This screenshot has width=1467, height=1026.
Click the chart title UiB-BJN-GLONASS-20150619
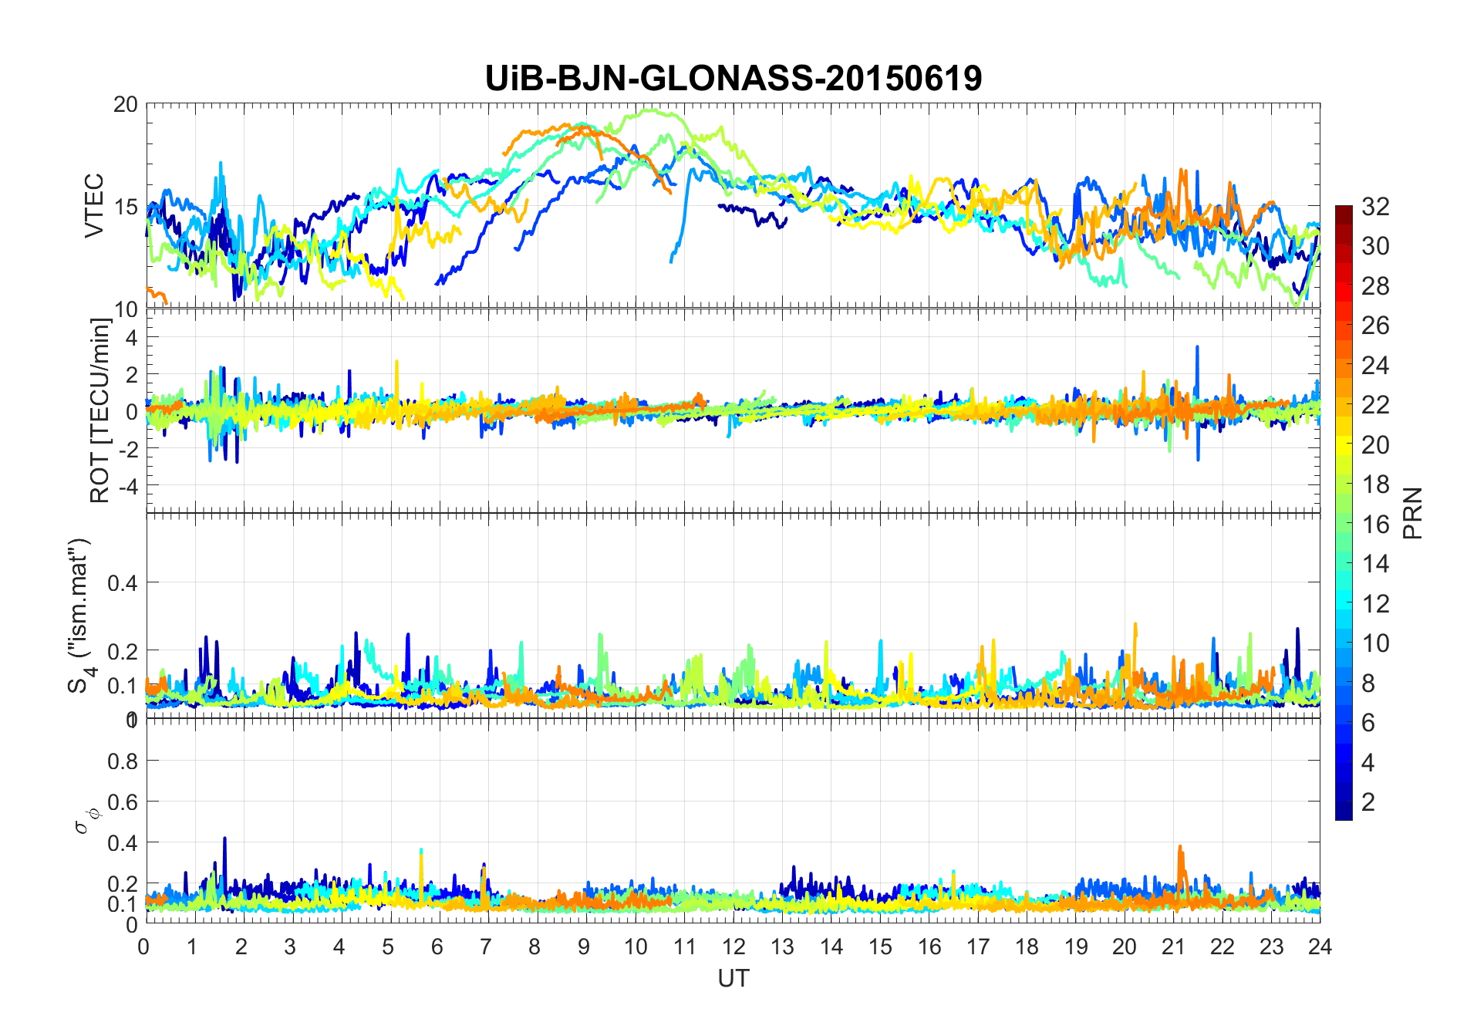coord(733,78)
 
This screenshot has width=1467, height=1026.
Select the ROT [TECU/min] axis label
coord(100,410)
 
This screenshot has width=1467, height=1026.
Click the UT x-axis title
coord(733,978)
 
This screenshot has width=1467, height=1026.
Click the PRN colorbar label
coord(1413,513)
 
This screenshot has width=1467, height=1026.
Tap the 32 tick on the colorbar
coord(1375,206)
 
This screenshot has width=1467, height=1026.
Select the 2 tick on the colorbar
coord(1368,802)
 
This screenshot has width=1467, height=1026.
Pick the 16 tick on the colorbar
coord(1375,524)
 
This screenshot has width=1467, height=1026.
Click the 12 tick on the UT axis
coord(733,947)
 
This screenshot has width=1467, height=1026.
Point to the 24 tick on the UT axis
coord(1320,947)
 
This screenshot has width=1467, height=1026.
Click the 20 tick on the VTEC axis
coord(126,104)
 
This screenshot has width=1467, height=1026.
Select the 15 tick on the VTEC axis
coord(126,207)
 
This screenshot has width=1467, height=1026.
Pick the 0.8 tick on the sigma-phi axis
coord(123,761)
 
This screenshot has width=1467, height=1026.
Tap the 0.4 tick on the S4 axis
coord(123,582)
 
